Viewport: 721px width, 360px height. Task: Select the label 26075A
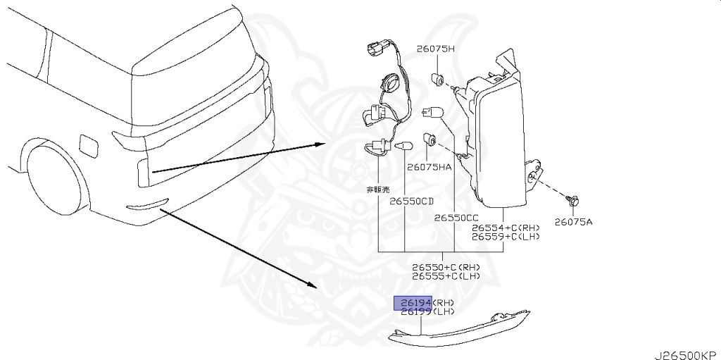(573, 221)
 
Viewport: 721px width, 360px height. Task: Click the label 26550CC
(456, 218)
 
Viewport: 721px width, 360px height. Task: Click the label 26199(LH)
(427, 312)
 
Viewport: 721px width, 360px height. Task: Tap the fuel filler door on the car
(91, 144)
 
